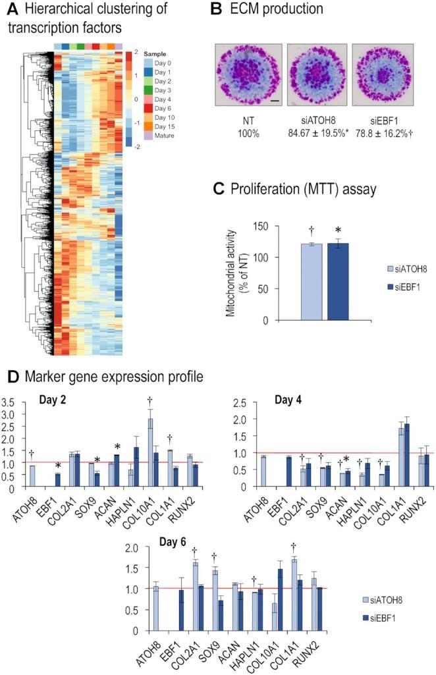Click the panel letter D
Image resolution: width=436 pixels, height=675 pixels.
point(11,377)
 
